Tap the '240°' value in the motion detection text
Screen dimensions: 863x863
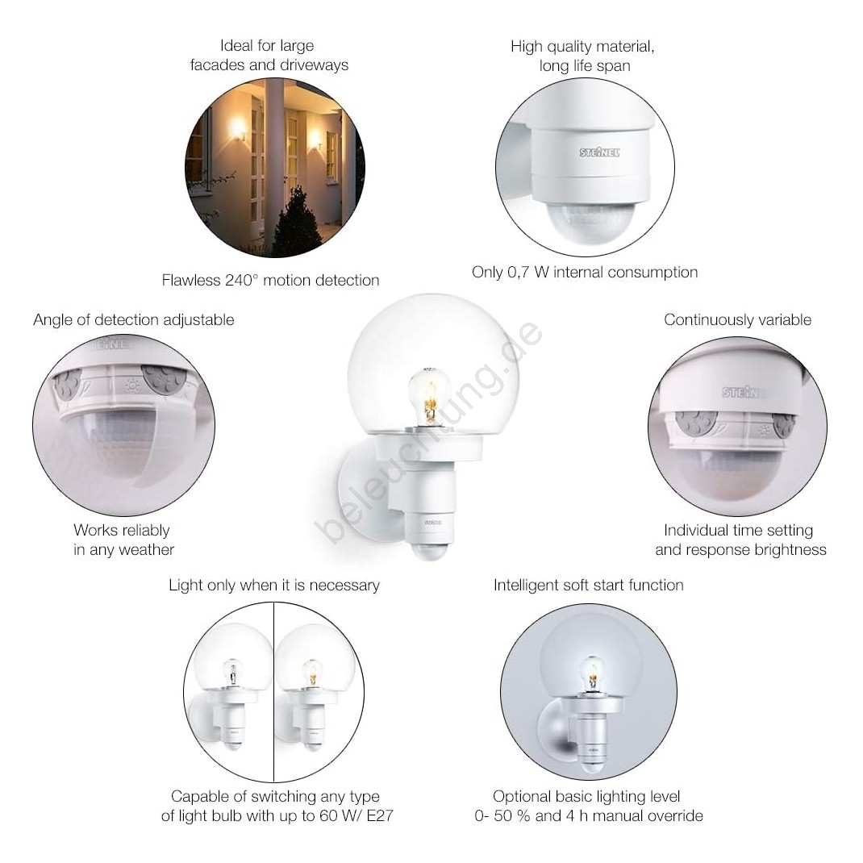coord(242,280)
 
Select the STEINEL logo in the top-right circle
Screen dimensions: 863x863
coord(598,152)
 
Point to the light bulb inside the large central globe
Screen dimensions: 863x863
coord(429,396)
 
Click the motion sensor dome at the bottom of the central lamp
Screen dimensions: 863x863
coord(431,551)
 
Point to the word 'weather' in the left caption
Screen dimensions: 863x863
coord(147,550)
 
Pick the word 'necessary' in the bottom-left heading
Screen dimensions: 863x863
coord(344,586)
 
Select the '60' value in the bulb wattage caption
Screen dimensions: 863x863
coord(328,815)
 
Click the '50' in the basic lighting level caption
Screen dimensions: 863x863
coord(502,815)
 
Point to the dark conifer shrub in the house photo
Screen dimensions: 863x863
coord(297,221)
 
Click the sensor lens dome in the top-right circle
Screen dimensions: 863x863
coord(590,222)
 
